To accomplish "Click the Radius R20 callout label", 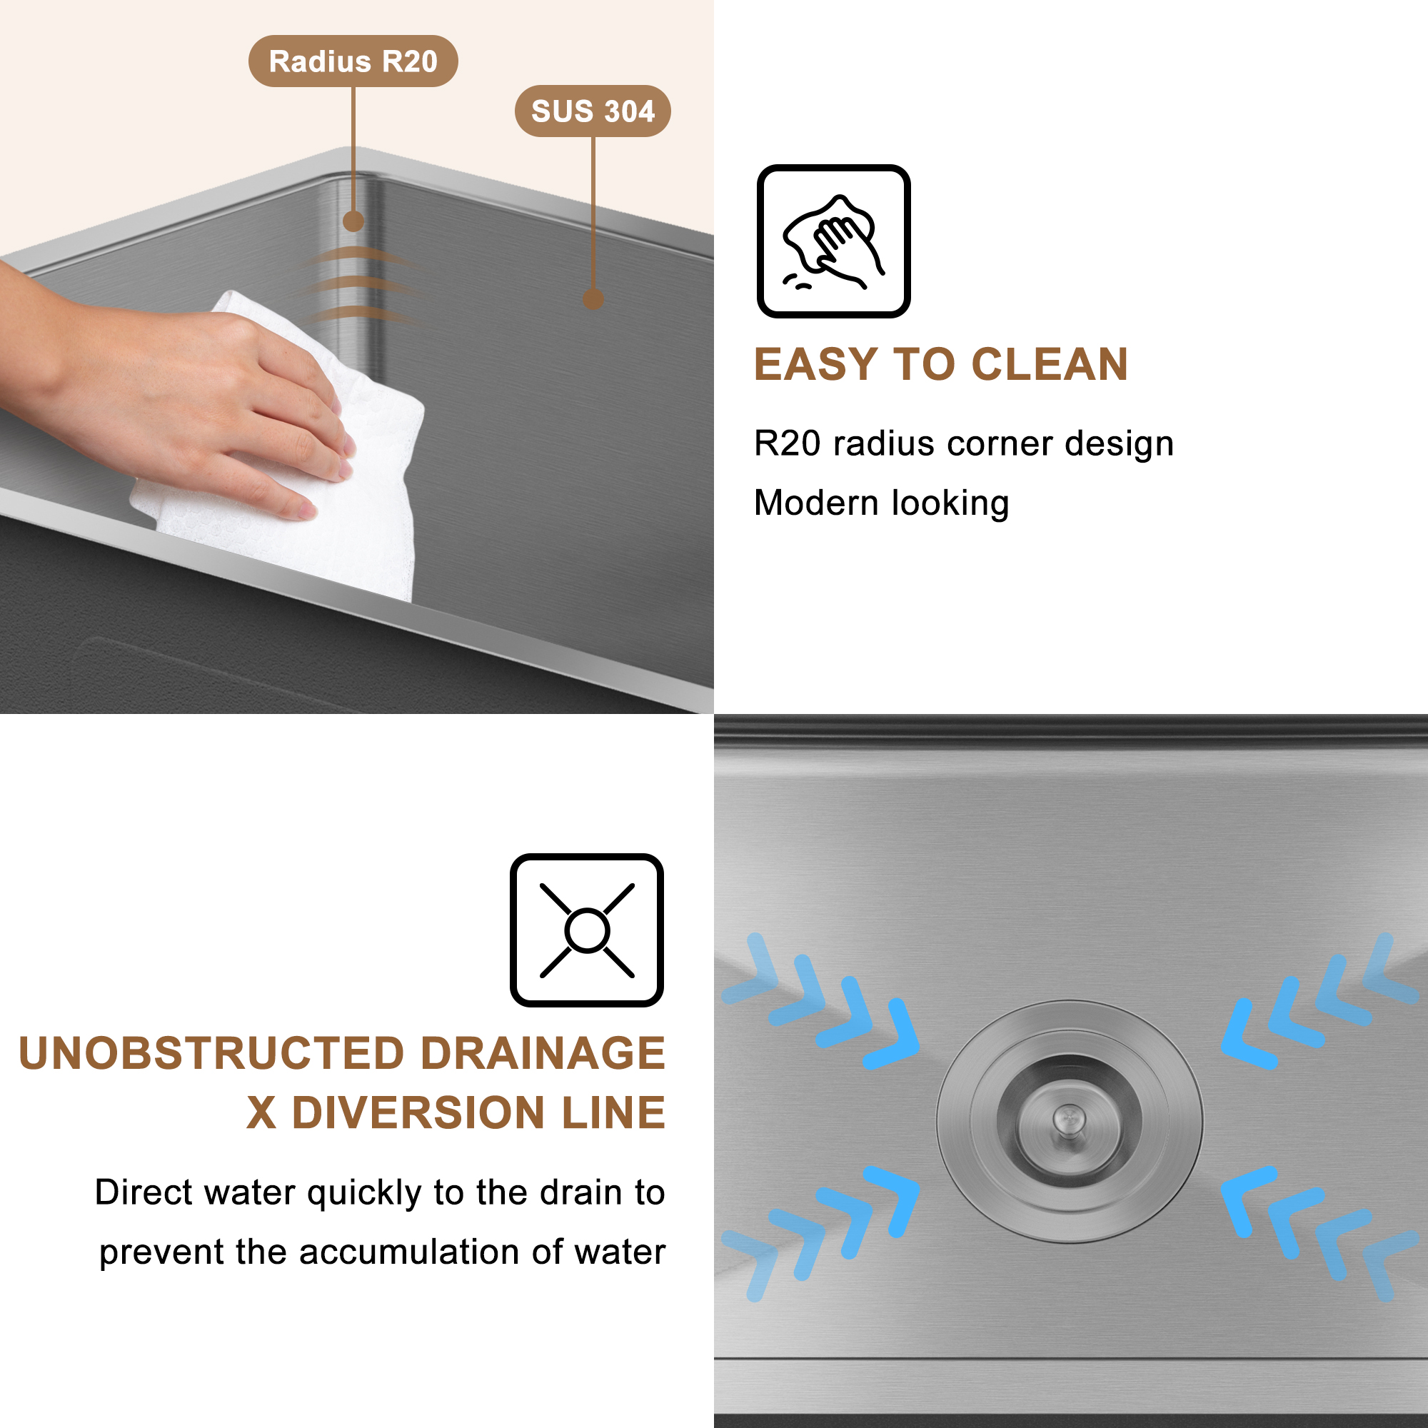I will coord(353,61).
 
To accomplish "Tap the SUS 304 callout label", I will coord(593,111).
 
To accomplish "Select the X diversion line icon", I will coord(586,930).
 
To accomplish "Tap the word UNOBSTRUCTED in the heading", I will coord(211,1053).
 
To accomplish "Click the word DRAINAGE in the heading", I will coord(543,1053).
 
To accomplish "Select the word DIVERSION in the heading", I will coord(419,1112).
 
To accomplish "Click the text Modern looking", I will coord(881,503).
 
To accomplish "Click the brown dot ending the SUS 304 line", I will coord(593,299).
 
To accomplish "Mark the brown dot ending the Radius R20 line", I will coord(353,221).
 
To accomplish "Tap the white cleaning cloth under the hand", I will coord(370,518).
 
